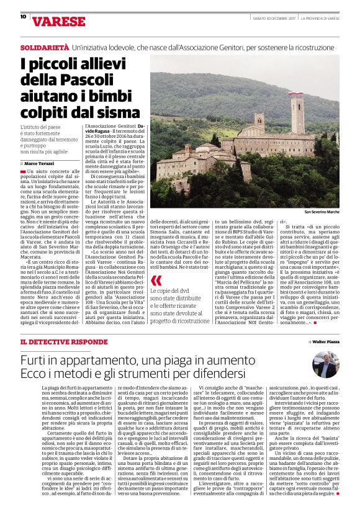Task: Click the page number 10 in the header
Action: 22,17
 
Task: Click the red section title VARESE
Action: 58,22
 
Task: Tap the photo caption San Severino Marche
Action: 320,212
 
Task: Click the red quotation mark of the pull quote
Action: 156,281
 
